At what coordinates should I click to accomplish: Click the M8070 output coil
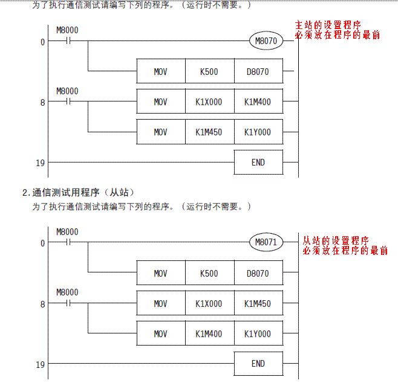point(266,42)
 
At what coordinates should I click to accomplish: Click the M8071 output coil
point(266,243)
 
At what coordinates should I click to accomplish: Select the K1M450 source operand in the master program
point(209,132)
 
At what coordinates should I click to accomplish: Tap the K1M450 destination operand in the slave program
point(258,304)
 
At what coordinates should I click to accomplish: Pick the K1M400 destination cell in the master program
point(258,102)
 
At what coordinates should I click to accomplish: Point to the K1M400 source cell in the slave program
point(209,334)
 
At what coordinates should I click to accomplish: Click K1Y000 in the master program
point(258,132)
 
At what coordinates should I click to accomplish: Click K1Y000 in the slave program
point(258,334)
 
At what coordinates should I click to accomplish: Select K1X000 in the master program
point(209,102)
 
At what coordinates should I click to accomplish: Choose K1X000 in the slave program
point(209,304)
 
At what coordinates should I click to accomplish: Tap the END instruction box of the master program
point(258,163)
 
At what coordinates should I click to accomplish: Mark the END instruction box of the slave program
point(258,364)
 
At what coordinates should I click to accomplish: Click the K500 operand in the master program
point(209,72)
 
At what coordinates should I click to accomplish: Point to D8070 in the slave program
point(258,274)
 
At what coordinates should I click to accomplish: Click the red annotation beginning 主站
point(337,30)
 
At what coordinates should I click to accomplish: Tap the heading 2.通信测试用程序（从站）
point(78,193)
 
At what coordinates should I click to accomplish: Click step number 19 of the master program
point(40,163)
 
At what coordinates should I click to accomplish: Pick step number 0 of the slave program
point(42,243)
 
